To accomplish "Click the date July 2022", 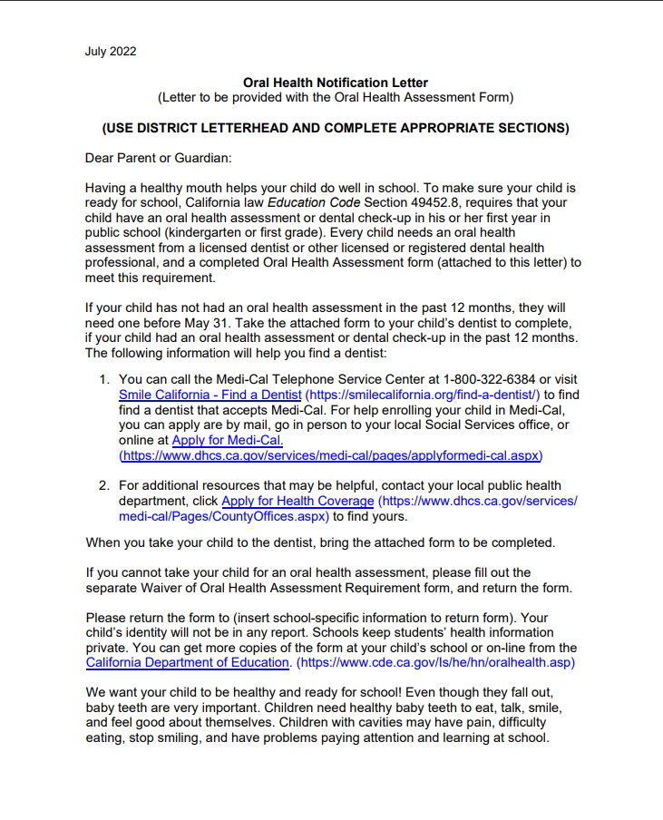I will click(111, 51).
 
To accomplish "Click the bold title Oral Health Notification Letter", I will click(336, 83).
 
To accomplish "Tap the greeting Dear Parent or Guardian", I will click(145, 158).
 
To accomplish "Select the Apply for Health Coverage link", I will click(297, 501).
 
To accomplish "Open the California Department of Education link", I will click(188, 662).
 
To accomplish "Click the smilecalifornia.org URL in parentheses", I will click(423, 395).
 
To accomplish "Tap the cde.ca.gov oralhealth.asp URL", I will click(435, 662).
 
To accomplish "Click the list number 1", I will click(104, 378).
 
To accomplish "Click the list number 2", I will click(104, 485).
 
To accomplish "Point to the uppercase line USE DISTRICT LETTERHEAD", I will click(336, 128).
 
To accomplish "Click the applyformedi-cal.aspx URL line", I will click(330, 455).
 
